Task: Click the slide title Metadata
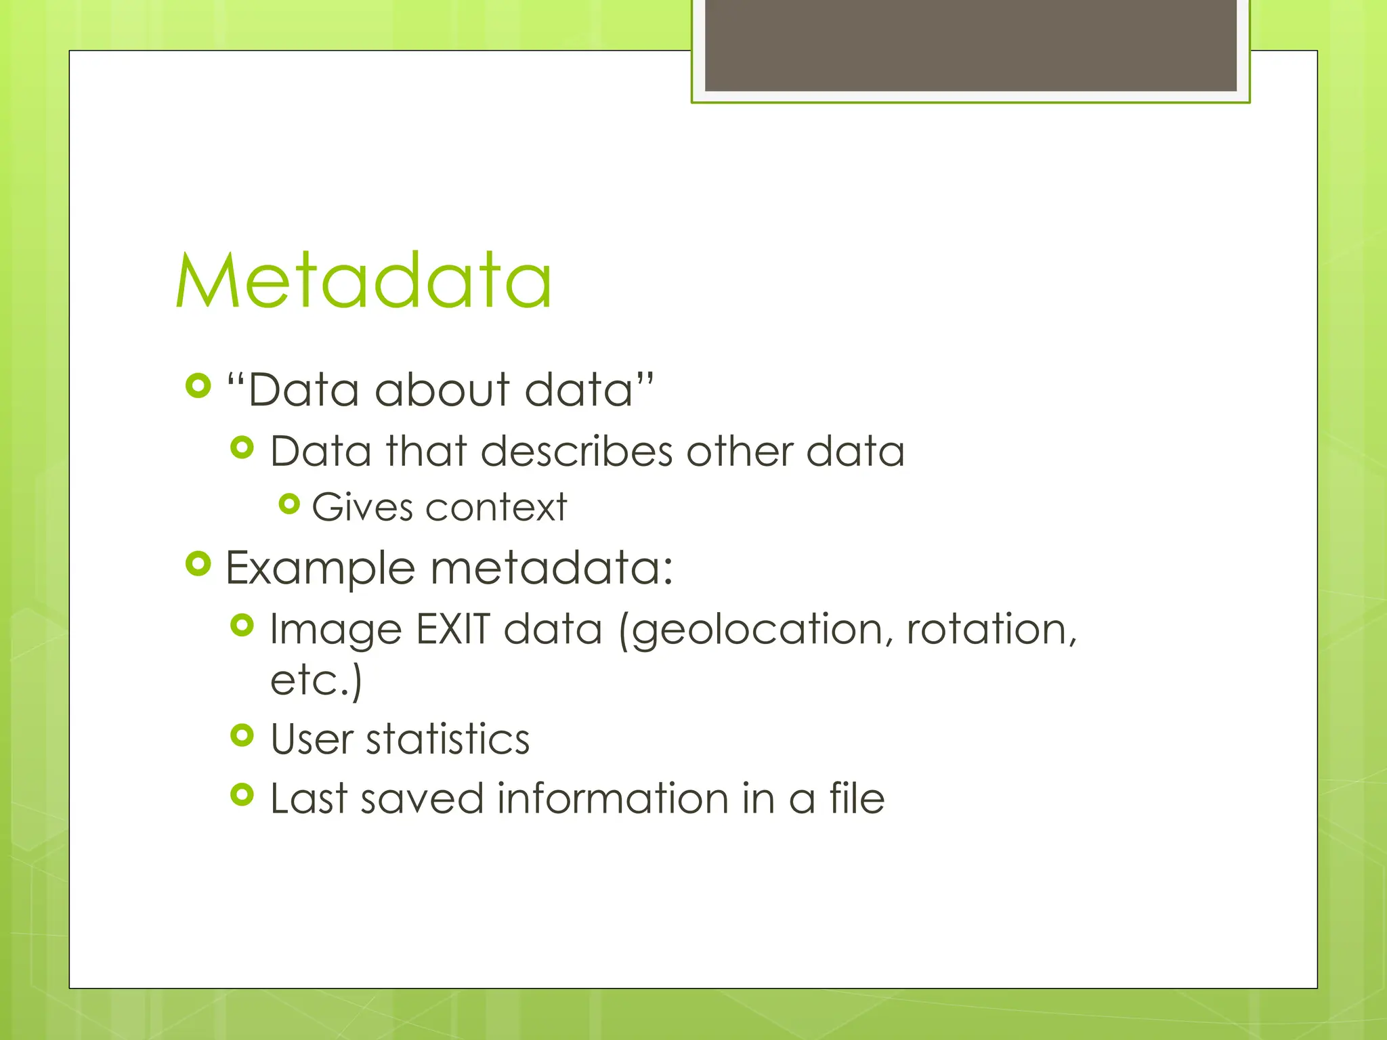[x=364, y=281]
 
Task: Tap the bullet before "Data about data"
[x=198, y=386]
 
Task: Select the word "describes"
[x=577, y=451]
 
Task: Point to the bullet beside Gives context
[x=289, y=504]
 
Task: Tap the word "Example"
[x=320, y=567]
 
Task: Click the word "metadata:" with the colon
[x=552, y=567]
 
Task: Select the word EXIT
[x=452, y=629]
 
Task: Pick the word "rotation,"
[x=991, y=629]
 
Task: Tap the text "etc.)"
[x=316, y=680]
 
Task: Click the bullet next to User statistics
[x=242, y=735]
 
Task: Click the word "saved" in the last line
[x=422, y=798]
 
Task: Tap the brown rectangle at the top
[x=970, y=45]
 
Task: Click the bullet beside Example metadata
[x=198, y=563]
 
